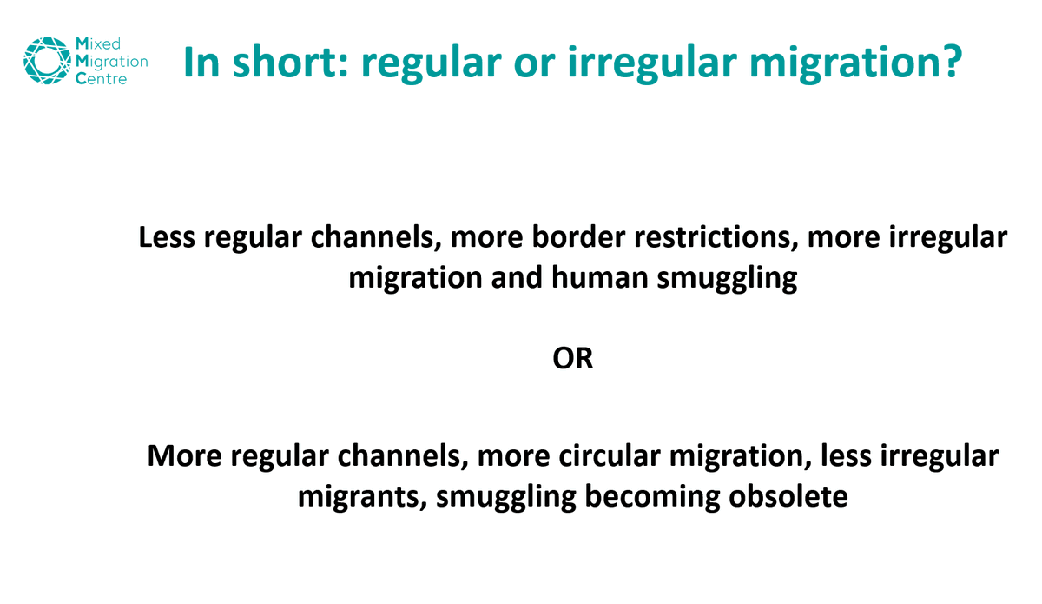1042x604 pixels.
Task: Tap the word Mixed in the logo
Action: (x=98, y=43)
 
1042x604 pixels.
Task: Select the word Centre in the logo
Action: (x=102, y=79)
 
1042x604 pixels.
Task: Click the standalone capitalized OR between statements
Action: (x=573, y=358)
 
